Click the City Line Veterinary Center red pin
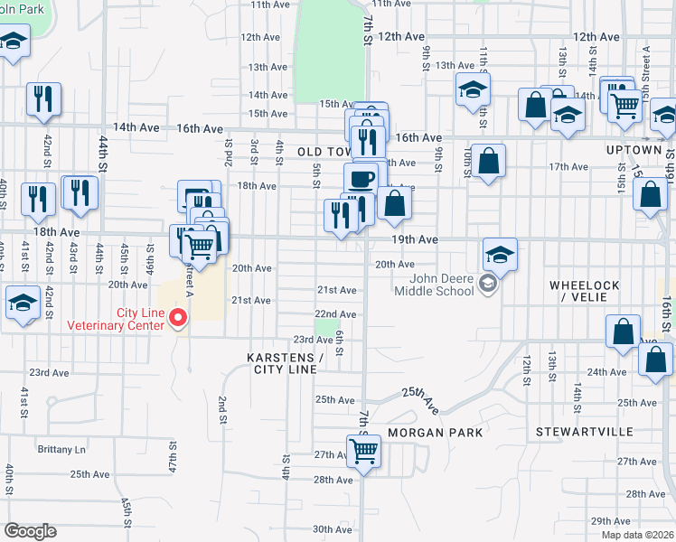(x=178, y=317)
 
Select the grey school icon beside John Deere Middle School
(x=488, y=285)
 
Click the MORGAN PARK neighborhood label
(x=435, y=433)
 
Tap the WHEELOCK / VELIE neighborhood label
(x=585, y=292)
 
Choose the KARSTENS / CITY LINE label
(x=282, y=363)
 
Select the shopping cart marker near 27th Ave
(x=363, y=450)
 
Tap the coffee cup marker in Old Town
(x=361, y=177)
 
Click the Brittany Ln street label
(x=61, y=449)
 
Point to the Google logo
(x=30, y=531)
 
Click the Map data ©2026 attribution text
(x=637, y=535)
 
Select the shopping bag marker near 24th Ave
(x=654, y=358)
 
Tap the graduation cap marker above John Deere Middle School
(x=499, y=253)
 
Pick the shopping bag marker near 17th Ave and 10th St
(x=488, y=161)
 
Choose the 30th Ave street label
(x=332, y=529)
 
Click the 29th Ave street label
(x=610, y=521)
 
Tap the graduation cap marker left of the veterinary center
(x=22, y=303)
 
